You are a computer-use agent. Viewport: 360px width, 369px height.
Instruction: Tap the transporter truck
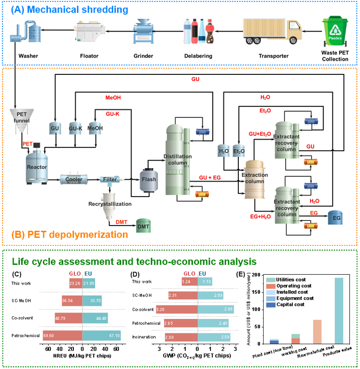[273, 32]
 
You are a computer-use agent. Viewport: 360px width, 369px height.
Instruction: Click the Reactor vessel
[36, 166]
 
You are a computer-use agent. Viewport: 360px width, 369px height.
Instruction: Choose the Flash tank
[149, 179]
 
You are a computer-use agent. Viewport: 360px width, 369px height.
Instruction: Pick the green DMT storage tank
[143, 226]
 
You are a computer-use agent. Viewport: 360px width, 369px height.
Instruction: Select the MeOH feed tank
[95, 128]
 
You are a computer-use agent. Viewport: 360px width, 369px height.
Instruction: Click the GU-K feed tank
[75, 128]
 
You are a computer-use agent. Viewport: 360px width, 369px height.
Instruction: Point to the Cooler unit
[74, 180]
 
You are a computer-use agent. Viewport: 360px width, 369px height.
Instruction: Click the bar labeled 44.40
[95, 318]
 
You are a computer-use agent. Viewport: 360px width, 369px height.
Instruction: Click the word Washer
[28, 56]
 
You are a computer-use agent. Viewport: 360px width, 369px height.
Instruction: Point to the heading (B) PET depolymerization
[70, 235]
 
